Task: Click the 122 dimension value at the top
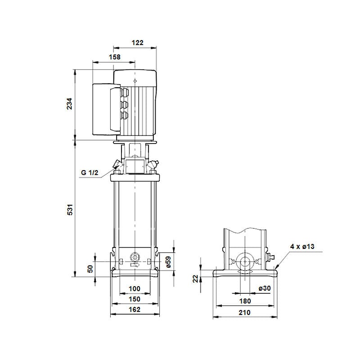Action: [137, 43]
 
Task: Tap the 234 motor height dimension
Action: [69, 104]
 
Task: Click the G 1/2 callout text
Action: [89, 173]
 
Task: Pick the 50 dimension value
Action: [90, 269]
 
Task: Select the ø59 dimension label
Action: [168, 262]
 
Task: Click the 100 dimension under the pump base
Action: [135, 288]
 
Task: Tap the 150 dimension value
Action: [135, 299]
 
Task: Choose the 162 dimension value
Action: [135, 309]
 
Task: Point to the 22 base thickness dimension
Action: [195, 279]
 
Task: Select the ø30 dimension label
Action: [265, 288]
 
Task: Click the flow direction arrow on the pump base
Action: [134, 266]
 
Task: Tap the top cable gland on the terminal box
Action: [124, 93]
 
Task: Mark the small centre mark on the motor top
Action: [135, 81]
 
